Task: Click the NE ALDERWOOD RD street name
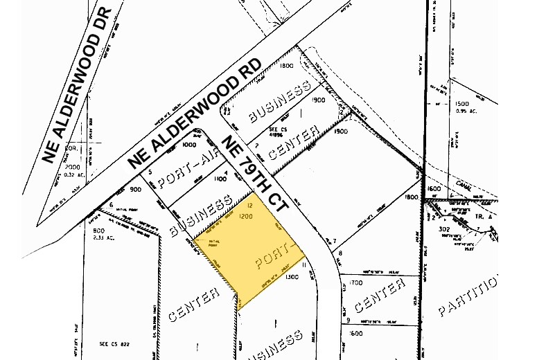pyautogui.click(x=195, y=113)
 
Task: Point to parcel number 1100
pyautogui.click(x=222, y=179)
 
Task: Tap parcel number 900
pyautogui.click(x=135, y=189)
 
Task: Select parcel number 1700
pyautogui.click(x=356, y=282)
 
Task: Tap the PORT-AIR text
pyautogui.click(x=183, y=171)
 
